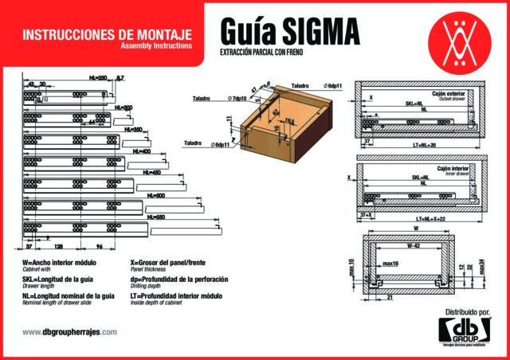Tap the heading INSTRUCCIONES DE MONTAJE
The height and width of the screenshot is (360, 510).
point(107,35)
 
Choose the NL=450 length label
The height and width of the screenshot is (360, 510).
point(151,173)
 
